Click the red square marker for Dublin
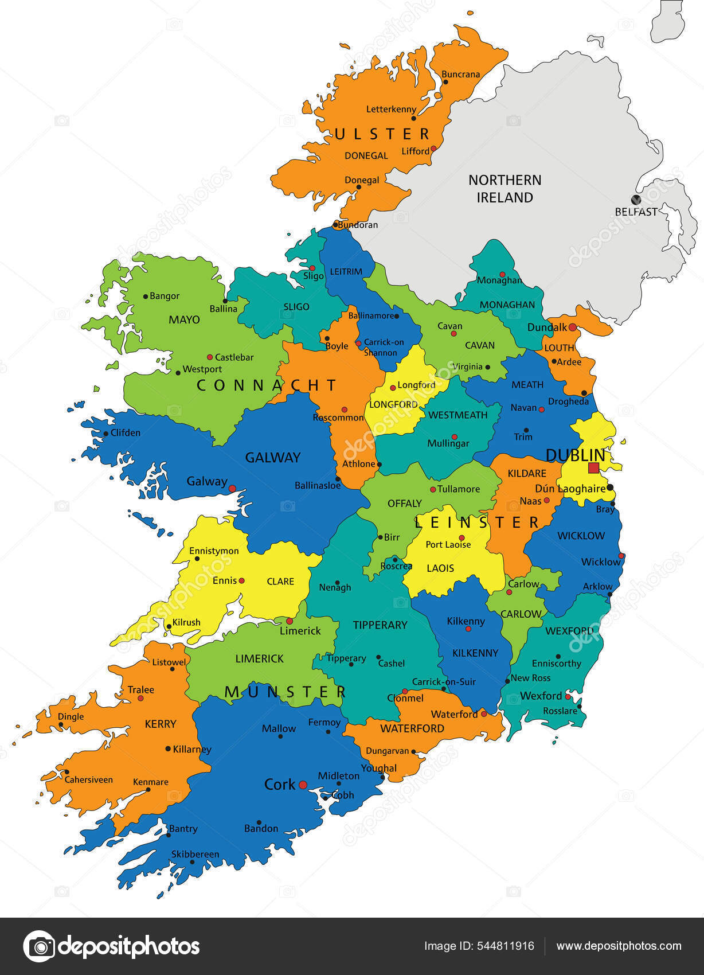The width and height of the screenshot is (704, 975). point(593,467)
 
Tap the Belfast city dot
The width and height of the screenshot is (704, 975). point(635,200)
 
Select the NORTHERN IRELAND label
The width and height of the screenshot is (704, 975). point(504,189)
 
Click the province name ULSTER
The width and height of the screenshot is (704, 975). point(382,134)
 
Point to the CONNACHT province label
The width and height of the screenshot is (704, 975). point(267,385)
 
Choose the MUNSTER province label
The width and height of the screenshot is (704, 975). point(285,692)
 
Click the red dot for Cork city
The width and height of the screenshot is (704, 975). point(303,785)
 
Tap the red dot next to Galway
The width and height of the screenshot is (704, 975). point(232,489)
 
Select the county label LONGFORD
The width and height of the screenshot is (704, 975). point(393,404)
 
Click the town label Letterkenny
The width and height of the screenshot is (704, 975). point(392,109)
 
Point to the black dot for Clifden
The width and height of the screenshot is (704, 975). point(106,434)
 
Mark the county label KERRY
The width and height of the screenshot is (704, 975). point(161,724)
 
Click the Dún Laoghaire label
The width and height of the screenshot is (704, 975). point(570,489)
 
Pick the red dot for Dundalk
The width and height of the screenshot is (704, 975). point(572,327)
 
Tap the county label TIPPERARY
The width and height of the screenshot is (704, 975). point(380,625)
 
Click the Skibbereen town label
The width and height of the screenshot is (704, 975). point(195,854)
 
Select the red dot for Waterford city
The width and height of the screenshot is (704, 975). point(484,714)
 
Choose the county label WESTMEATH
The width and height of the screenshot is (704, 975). point(457,415)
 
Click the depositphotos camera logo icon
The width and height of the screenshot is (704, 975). point(40,946)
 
